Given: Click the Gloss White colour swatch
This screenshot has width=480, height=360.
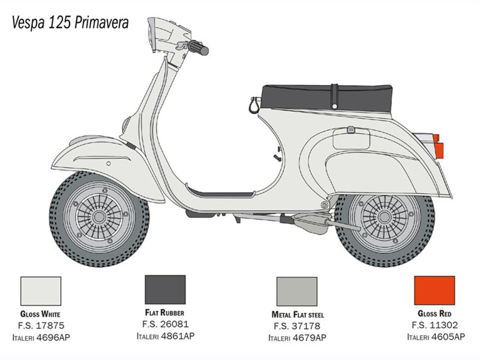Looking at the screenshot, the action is coord(41,291).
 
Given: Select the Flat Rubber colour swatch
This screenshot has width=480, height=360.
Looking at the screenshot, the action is coord(165,289).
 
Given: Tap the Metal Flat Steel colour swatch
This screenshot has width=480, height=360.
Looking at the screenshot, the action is coord(297,292).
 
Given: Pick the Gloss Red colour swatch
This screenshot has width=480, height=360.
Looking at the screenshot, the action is coord(434,290).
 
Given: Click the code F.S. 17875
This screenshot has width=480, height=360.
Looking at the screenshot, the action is coord(41,325).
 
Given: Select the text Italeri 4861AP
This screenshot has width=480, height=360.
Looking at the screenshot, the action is coord(165,336).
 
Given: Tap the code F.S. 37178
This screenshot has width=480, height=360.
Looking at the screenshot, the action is coord(297,326).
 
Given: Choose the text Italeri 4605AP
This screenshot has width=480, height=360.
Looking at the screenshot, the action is coord(436,336).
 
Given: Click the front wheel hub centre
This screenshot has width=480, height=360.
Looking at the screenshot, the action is coord(99,217).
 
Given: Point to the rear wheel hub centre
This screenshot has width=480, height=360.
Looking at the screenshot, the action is coord(384,217).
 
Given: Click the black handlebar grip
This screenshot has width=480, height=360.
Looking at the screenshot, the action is coord(199,48).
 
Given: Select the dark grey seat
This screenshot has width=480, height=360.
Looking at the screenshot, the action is coord(326,98).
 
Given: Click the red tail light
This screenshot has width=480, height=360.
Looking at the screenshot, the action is coord(438,147).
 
